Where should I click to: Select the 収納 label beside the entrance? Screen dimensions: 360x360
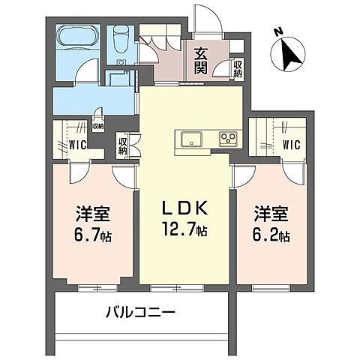238,69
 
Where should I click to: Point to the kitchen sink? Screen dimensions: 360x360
191,138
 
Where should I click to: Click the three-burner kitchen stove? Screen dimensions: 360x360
227,138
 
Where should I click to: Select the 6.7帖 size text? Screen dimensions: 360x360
93,235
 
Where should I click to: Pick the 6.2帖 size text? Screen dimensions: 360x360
271,235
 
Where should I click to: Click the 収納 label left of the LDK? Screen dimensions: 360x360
122,145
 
